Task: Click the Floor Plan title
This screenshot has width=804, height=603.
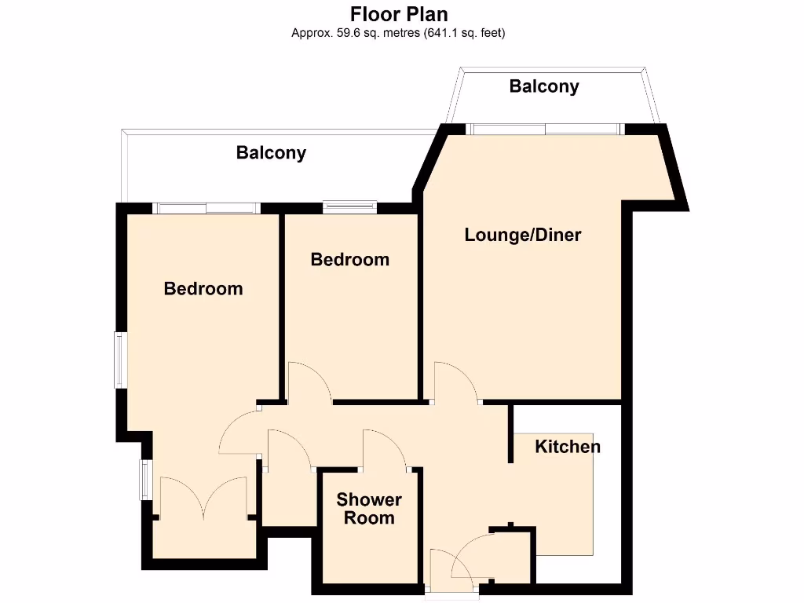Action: [x=399, y=14]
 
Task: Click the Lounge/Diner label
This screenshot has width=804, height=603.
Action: [x=523, y=235]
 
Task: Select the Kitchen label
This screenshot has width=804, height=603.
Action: [x=568, y=447]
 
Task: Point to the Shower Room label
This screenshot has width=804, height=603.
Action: [x=369, y=509]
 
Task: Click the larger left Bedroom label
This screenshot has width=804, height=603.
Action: [x=203, y=289]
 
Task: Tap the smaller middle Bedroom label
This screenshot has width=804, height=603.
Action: [x=350, y=259]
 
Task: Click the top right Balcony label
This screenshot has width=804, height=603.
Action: [x=544, y=86]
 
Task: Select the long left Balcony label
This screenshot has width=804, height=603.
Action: [x=271, y=153]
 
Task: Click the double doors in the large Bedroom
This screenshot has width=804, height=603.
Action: [x=203, y=498]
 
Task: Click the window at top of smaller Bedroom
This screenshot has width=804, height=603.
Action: [x=349, y=207]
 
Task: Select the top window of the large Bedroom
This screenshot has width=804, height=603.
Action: [x=206, y=208]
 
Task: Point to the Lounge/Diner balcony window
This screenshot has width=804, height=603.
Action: [x=545, y=130]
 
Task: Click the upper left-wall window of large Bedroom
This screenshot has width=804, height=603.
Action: [x=120, y=360]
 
